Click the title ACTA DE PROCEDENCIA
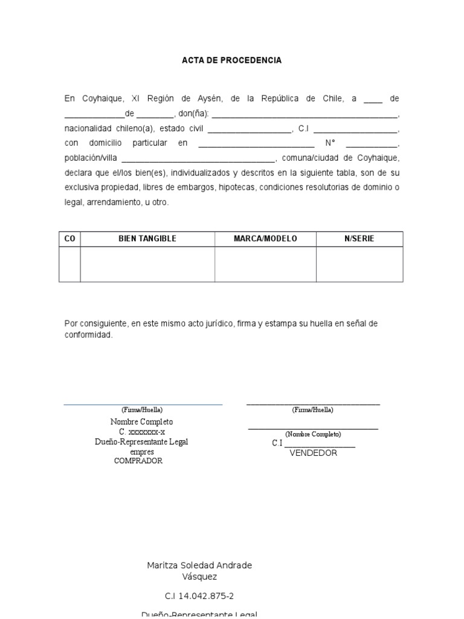point(232,60)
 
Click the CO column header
point(69,239)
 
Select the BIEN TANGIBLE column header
point(147,239)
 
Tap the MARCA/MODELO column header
point(265,239)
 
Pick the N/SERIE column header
point(359,239)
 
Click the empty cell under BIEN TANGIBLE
point(147,264)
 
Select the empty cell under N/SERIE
point(359,264)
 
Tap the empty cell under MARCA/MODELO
point(265,264)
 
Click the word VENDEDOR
point(313,453)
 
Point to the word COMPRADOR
point(138,461)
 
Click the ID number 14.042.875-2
point(199,595)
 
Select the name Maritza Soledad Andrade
point(199,565)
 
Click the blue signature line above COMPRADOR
point(143,404)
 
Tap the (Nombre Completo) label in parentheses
point(313,434)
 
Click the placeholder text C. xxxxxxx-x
point(141,432)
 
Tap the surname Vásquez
point(199,577)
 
